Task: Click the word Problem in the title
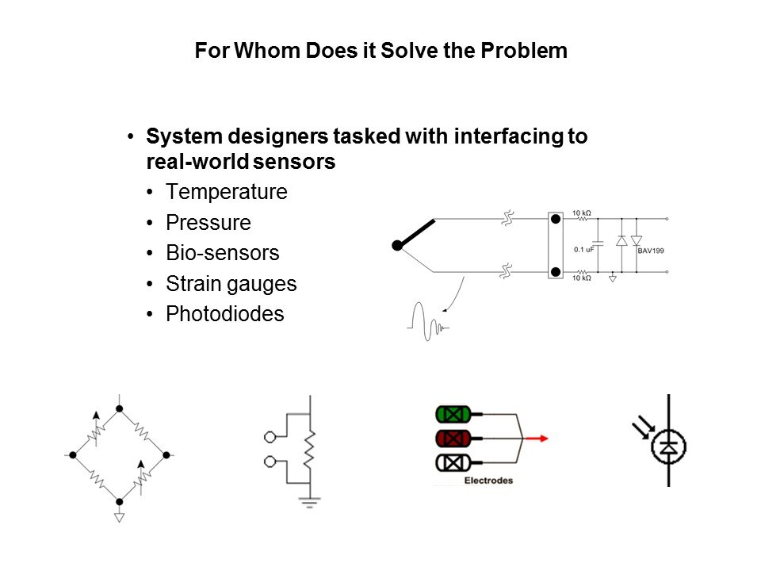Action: click(524, 51)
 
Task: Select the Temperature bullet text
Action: click(227, 192)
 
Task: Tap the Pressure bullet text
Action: click(208, 222)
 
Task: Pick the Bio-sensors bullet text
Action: click(222, 253)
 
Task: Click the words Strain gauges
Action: click(231, 284)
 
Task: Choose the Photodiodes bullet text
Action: click(224, 314)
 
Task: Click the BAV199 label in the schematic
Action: click(650, 251)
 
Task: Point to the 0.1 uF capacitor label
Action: click(583, 250)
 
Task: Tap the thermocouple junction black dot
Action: click(397, 246)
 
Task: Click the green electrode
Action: click(453, 414)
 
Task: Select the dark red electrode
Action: click(453, 439)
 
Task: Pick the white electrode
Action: click(453, 462)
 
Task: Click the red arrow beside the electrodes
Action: click(537, 439)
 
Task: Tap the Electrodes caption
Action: click(488, 481)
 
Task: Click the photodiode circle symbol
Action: click(669, 447)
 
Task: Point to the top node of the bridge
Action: click(120, 409)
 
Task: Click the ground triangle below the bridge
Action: click(120, 518)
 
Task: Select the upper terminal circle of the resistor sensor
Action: click(270, 438)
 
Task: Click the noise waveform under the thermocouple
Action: click(427, 323)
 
